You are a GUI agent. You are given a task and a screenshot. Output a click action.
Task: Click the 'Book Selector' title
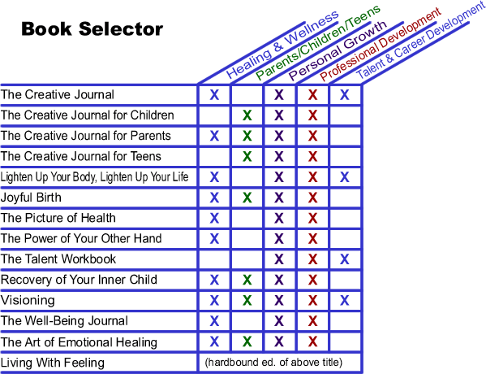pyautogui.click(x=92, y=29)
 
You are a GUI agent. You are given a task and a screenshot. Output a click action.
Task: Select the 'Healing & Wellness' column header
pyautogui.click(x=282, y=44)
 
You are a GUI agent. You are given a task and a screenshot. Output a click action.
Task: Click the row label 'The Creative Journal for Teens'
pyautogui.click(x=81, y=156)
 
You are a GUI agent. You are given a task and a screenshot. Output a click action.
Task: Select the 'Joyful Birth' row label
pyautogui.click(x=31, y=198)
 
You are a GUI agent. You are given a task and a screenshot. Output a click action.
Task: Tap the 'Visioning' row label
pyautogui.click(x=28, y=300)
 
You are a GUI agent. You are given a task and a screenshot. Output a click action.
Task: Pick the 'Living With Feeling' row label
pyautogui.click(x=53, y=363)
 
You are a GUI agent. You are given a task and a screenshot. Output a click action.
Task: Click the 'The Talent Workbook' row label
pyautogui.click(x=58, y=259)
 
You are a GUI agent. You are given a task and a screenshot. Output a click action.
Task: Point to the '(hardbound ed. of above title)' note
pyautogui.click(x=273, y=362)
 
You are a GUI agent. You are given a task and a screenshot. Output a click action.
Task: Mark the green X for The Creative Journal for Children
pyautogui.click(x=247, y=115)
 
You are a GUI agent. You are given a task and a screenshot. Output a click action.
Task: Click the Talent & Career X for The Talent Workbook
pyautogui.click(x=344, y=259)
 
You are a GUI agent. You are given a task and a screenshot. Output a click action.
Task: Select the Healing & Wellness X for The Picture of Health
pyautogui.click(x=214, y=218)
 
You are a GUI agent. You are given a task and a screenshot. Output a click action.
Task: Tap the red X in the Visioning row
pyautogui.click(x=312, y=300)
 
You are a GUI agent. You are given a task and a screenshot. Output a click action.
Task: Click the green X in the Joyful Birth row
pyautogui.click(x=247, y=198)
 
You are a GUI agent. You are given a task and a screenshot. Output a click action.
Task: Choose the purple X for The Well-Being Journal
pyautogui.click(x=279, y=321)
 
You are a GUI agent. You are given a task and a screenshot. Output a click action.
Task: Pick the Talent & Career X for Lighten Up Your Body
pyautogui.click(x=344, y=177)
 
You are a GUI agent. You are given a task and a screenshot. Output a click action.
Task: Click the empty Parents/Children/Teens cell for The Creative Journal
pyautogui.click(x=247, y=95)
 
